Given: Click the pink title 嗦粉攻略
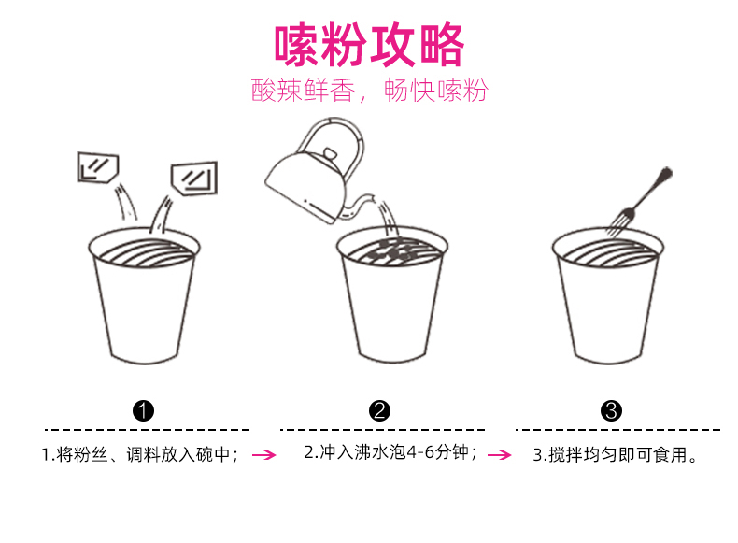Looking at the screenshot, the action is pyautogui.click(x=369, y=45).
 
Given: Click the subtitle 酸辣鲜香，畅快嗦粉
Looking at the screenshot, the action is pyautogui.click(x=370, y=90).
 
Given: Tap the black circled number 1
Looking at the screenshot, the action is pyautogui.click(x=143, y=410).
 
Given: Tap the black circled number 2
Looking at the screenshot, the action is pyautogui.click(x=379, y=410).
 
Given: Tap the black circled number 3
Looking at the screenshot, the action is pyautogui.click(x=611, y=410).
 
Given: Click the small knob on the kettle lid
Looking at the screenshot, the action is pyautogui.click(x=330, y=153).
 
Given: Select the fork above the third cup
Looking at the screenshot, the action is pyautogui.click(x=639, y=203).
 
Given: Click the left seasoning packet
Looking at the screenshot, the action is pyautogui.click(x=97, y=167).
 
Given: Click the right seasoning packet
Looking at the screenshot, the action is pyautogui.click(x=194, y=179).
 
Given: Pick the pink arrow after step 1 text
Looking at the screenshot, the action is pyautogui.click(x=264, y=455).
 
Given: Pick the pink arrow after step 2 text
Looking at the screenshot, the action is pyautogui.click(x=500, y=455).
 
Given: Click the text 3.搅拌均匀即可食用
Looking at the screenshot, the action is pyautogui.click(x=615, y=455).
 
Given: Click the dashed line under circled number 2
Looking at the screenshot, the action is pyautogui.click(x=382, y=430).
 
